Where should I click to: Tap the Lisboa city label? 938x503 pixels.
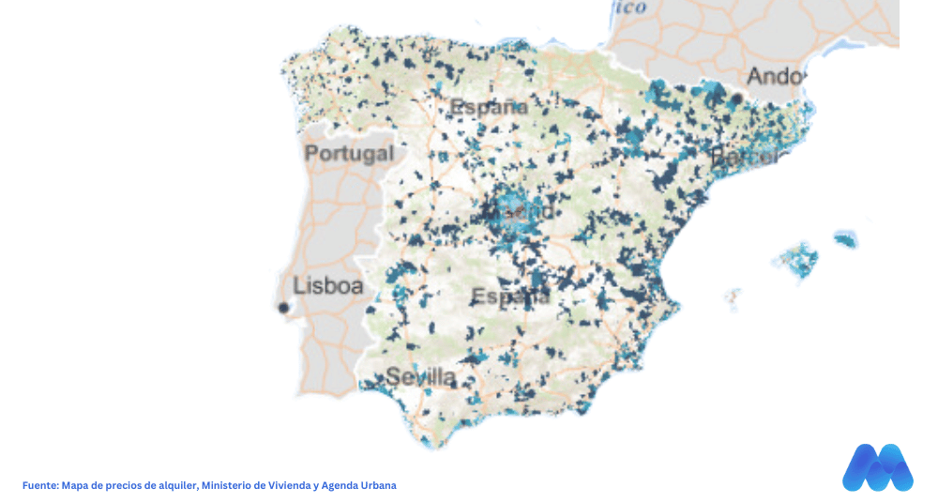[327, 285]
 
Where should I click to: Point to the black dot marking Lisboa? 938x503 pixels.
[282, 307]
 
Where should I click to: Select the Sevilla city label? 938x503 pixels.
[421, 377]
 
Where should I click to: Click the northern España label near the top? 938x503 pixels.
[489, 107]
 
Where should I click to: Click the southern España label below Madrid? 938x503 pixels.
[510, 297]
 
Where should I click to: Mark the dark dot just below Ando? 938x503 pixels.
[738, 98]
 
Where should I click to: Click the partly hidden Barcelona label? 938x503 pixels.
[746, 158]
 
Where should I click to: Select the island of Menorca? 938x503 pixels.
[846, 238]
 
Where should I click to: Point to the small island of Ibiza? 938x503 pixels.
[734, 297]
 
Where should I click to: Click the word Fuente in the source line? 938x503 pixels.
[39, 485]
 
